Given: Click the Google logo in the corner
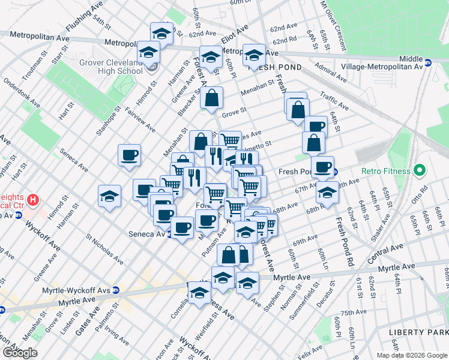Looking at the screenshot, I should click(19, 353).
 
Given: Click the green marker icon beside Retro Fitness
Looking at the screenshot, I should click(418, 171).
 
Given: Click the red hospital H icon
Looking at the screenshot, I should click(34, 199).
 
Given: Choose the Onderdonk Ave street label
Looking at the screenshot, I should click(22, 95).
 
